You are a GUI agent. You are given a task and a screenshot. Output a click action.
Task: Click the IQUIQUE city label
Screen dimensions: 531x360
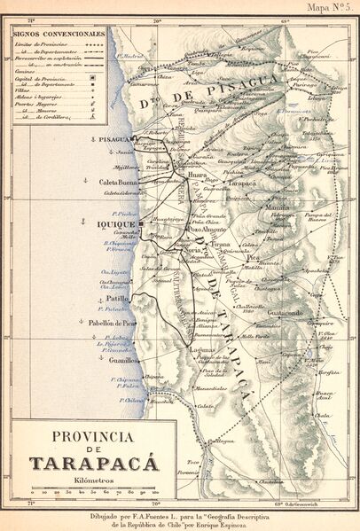(x=114, y=225)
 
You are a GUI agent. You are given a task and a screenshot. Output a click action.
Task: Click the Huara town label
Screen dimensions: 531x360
(x=197, y=176)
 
